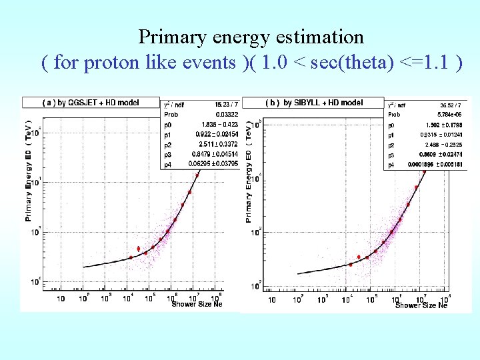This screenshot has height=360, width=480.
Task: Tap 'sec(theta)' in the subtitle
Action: pos(351,63)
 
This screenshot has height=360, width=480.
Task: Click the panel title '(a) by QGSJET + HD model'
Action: pos(91,103)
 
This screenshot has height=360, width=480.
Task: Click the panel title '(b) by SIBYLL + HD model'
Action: pos(314,103)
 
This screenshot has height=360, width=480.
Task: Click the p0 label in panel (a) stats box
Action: pos(168,124)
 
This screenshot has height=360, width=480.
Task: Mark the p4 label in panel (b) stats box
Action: pos(391,164)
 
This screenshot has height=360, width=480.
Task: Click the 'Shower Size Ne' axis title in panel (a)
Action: pos(197,305)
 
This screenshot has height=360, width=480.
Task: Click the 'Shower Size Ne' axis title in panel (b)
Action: pos(421,305)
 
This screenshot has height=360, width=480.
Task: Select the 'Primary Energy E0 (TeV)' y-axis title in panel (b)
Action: pos(249,173)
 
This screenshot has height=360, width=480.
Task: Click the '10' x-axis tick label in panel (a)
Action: pos(60,299)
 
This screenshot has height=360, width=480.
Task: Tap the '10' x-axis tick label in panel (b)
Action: pos(272,300)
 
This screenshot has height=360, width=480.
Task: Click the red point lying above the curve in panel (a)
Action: pos(138,249)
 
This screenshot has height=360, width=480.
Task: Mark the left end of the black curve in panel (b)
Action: pos(297,273)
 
